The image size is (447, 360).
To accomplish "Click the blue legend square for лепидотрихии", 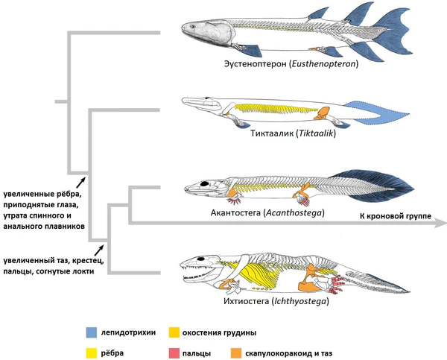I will tap(91, 332).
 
